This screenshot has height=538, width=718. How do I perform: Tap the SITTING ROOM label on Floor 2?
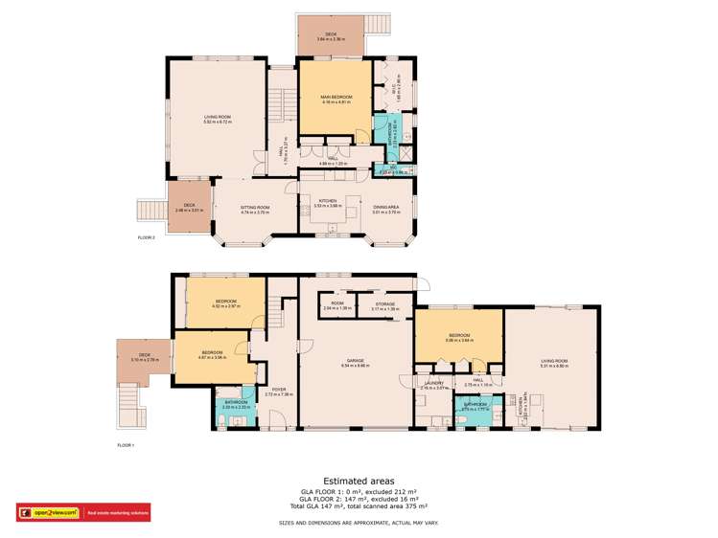[254, 207]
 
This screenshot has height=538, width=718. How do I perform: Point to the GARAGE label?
[355, 362]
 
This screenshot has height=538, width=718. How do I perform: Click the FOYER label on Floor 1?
[279, 391]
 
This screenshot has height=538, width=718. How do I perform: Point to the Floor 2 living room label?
[218, 117]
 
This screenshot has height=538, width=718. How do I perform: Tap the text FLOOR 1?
[127, 445]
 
